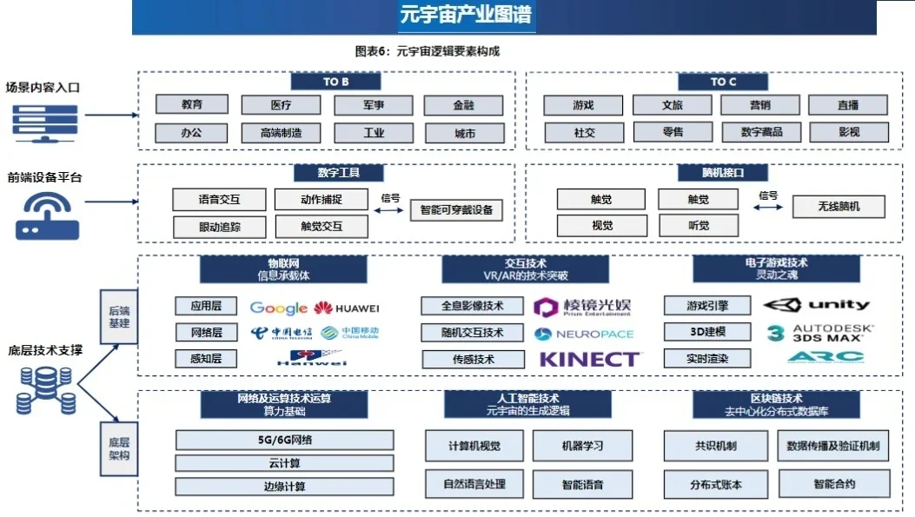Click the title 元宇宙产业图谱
pyautogui.click(x=466, y=16)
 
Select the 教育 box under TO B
pyautogui.click(x=192, y=105)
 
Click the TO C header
pyautogui.click(x=723, y=82)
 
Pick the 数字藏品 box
pyautogui.click(x=761, y=132)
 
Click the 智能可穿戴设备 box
pyautogui.click(x=456, y=210)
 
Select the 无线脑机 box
pyautogui.click(x=839, y=207)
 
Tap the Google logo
pyautogui.click(x=278, y=308)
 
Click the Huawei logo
pyautogui.click(x=347, y=308)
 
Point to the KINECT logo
pyautogui.click(x=590, y=358)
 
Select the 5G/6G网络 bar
pyautogui.click(x=284, y=440)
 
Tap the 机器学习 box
pyautogui.click(x=581, y=446)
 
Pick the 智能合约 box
pyautogui.click(x=834, y=483)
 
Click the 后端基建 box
pyautogui.click(x=119, y=317)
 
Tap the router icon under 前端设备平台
pyautogui.click(x=48, y=215)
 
